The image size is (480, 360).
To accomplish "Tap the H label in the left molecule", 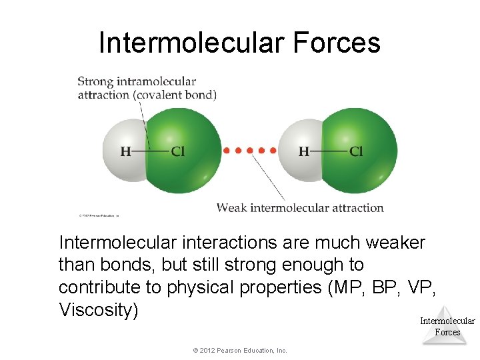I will tap(125, 152).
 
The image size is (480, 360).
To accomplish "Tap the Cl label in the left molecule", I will tap(178, 152).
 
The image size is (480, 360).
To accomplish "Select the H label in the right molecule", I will tap(303, 152).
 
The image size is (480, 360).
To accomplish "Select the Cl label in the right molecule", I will tap(356, 152).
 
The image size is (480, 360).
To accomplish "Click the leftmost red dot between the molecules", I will tap(227, 151).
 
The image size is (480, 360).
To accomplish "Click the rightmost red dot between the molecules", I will tap(273, 151).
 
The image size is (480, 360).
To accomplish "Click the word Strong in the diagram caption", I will tap(95, 82).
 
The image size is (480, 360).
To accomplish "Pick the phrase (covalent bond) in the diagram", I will tap(175, 95).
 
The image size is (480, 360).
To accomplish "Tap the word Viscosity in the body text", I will tap(98, 310).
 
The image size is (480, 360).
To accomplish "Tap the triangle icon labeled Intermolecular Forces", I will tap(447, 325).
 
